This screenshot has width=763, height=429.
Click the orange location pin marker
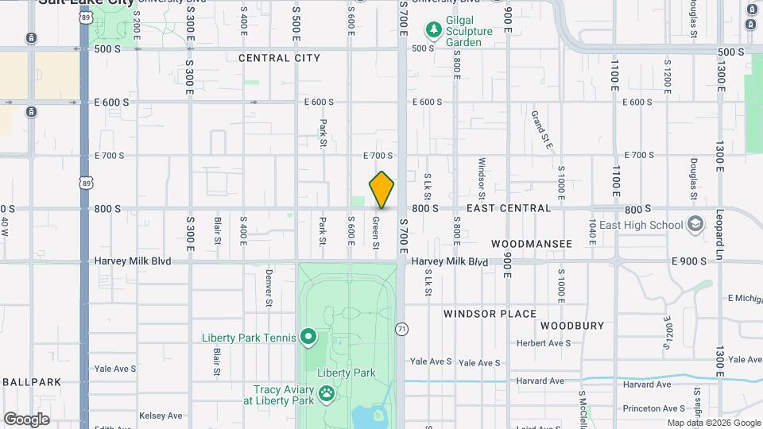[381, 189]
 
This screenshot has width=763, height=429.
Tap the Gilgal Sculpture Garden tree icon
[434, 31]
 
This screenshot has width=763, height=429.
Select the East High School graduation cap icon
[696, 225]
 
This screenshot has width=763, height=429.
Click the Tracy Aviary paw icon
[326, 394]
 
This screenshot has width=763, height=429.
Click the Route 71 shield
[402, 329]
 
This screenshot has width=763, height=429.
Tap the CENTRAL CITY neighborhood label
[279, 58]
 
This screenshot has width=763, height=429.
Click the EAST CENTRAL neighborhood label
[509, 208]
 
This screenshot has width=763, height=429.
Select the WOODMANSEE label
[532, 244]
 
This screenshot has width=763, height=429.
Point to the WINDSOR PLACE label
[490, 314]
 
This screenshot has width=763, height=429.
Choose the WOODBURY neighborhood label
[572, 326]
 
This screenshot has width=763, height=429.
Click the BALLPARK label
[32, 382]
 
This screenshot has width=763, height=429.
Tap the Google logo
[26, 419]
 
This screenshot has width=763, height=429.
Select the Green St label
[375, 230]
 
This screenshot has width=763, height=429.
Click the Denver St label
[269, 288]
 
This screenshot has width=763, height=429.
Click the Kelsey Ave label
[161, 415]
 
